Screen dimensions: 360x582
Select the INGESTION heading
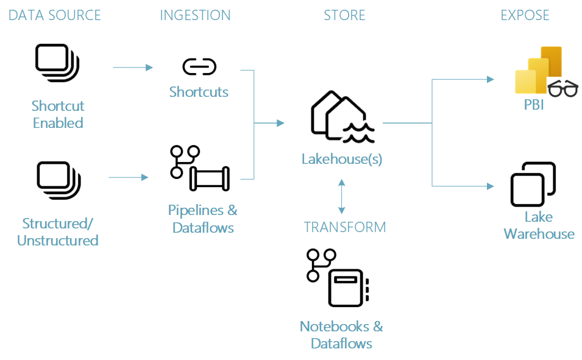tap(195, 15)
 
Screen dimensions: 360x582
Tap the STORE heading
tap(344, 15)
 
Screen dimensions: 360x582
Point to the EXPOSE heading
tap(525, 15)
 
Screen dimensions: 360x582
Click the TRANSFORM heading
tap(345, 227)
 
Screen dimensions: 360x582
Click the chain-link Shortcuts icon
tap(199, 66)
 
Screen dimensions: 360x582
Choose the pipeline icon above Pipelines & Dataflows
tap(199, 169)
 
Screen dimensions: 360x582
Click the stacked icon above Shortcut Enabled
tap(57, 62)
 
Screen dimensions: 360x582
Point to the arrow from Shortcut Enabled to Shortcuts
tap(133, 68)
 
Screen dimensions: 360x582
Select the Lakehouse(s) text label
tap(341, 159)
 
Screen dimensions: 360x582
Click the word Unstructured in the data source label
tap(57, 240)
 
